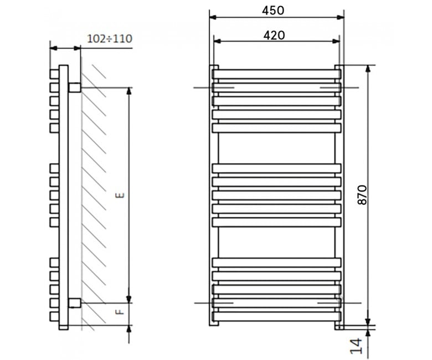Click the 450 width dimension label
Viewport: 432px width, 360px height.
pyautogui.click(x=272, y=11)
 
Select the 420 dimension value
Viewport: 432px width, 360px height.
pyautogui.click(x=274, y=35)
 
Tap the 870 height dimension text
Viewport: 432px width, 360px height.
pyautogui.click(x=362, y=195)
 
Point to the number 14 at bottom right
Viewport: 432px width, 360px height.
pyautogui.click(x=356, y=346)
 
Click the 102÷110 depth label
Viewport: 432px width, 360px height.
pyautogui.click(x=110, y=39)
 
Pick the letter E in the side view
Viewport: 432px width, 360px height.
pyautogui.click(x=120, y=196)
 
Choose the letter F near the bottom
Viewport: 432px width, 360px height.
pyautogui.click(x=120, y=312)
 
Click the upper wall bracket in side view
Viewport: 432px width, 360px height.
pyautogui.click(x=75, y=88)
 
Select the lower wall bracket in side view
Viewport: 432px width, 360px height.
pyautogui.click(x=75, y=303)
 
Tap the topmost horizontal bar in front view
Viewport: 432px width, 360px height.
pyautogui.click(x=276, y=74)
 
